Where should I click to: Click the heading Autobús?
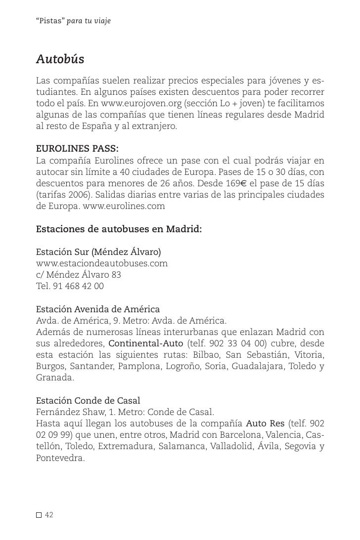pos(60,60)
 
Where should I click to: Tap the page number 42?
pos(49,515)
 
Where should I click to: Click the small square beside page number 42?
pos(39,516)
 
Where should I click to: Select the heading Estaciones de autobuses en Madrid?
pos(119,229)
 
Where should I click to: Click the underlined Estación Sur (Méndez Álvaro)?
pos(99,252)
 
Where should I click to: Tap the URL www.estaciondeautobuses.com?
pos(102,263)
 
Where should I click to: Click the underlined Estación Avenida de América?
pos(98,309)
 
